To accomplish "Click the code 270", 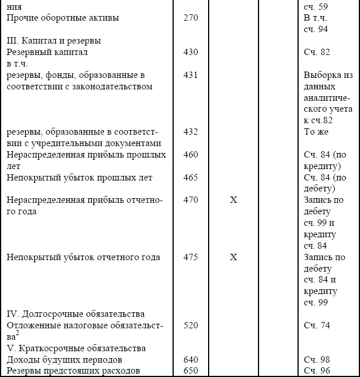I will click(191, 18).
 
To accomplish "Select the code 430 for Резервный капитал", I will click(191, 52).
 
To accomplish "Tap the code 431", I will click(191, 75).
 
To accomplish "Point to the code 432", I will click(191, 132).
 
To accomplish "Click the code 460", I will click(191, 155).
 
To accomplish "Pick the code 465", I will click(191, 178).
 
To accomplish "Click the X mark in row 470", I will click(233, 200).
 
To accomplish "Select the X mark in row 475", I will click(233, 257).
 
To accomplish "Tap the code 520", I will click(191, 325).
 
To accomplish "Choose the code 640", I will click(191, 360).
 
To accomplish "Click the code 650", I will click(191, 371).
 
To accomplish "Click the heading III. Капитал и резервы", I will click(54, 41).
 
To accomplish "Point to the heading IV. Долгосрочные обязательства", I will click(75, 314).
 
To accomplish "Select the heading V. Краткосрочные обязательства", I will click(76, 348).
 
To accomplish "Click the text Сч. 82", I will click(318, 52).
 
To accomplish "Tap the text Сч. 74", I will click(318, 325).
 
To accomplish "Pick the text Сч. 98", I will click(318, 360).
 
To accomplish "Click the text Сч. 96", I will click(318, 371).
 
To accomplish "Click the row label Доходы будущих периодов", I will click(64, 360).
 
